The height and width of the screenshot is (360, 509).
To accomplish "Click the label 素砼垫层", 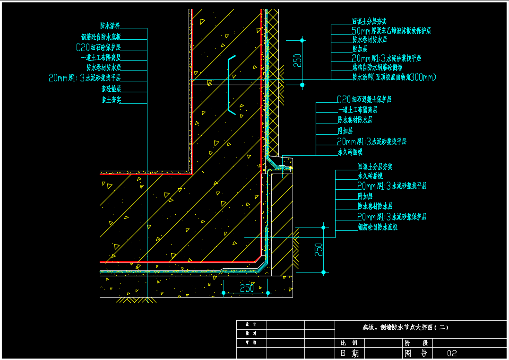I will pos(111,88).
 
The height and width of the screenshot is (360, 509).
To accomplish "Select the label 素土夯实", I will pos(111,100).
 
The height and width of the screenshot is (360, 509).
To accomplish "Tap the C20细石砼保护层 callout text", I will pos(98,47).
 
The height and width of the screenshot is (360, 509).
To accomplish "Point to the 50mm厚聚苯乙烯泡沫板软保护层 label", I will pos(391,31).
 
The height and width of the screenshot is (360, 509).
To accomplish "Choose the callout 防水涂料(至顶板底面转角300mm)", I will pos(394,77).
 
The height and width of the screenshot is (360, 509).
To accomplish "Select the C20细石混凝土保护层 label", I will pos(364,100).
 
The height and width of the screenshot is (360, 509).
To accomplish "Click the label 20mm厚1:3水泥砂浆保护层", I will pos(392,217).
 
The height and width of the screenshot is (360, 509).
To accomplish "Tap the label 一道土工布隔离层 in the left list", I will pos(101,57).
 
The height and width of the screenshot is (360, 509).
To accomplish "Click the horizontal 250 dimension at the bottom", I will pos(247,288).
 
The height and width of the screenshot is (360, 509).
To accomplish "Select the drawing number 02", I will pos(452,353).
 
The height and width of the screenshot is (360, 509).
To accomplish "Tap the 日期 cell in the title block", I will pos(349,353).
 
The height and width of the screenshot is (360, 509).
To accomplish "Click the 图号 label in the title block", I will pos(416,353).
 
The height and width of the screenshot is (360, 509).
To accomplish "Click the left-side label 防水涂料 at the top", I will pos(110,26).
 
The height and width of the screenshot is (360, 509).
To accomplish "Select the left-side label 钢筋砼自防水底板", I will pos(101,36).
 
